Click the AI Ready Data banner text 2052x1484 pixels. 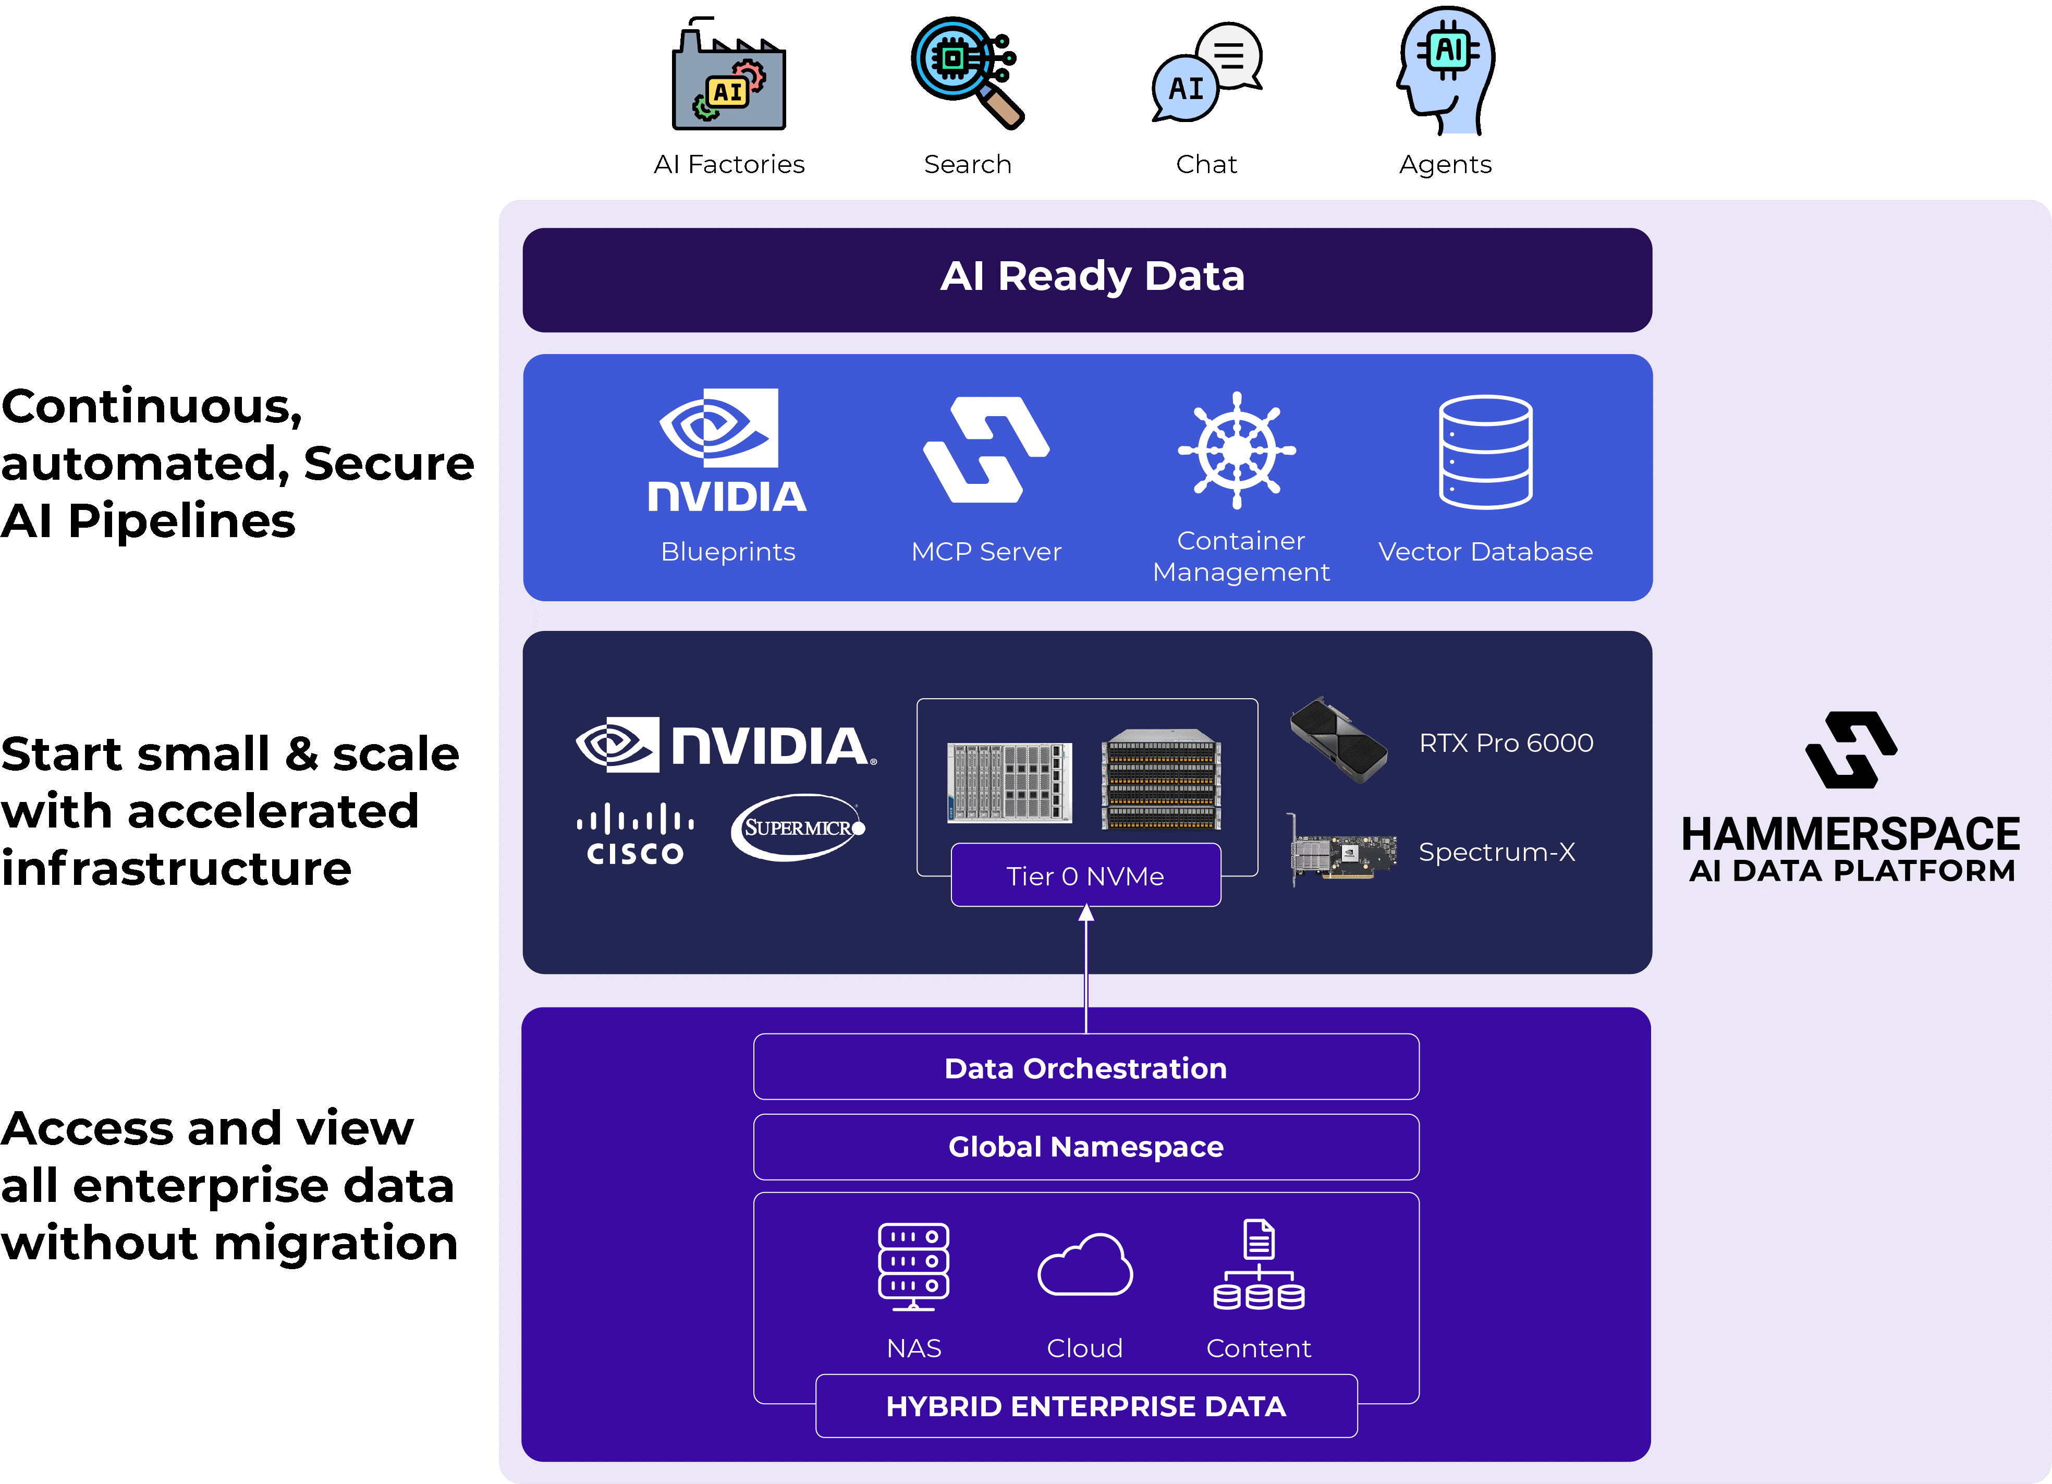(1092, 276)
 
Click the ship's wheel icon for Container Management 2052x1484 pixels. (1236, 451)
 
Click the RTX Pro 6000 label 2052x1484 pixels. (1506, 743)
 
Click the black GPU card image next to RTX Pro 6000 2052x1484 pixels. (1337, 739)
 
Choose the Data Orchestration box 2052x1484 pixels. (1086, 1068)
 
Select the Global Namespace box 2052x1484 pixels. (1086, 1147)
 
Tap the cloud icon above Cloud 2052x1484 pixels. (1085, 1265)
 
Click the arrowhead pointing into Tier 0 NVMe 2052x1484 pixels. (1086, 914)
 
